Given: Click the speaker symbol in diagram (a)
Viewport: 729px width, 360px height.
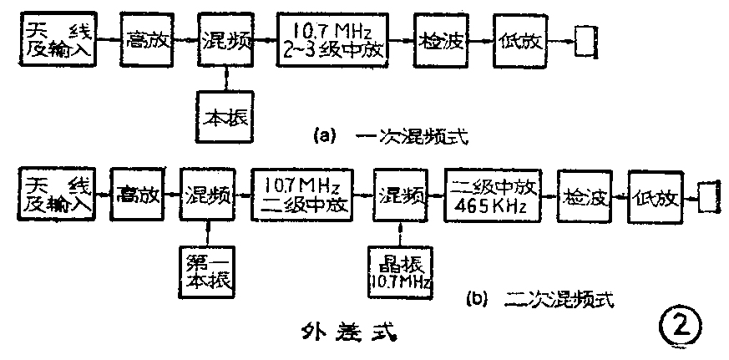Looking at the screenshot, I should pyautogui.click(x=588, y=40).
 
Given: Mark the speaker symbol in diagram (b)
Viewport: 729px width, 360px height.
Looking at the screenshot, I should pyautogui.click(x=710, y=198).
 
